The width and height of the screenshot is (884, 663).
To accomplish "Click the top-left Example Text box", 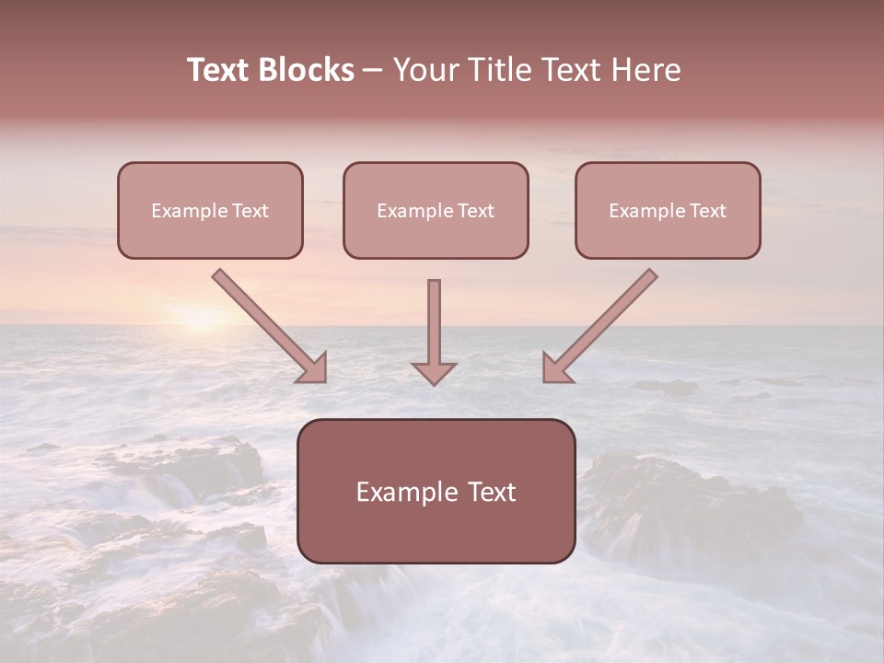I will (210, 210).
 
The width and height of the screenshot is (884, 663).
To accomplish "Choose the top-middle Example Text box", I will (436, 210).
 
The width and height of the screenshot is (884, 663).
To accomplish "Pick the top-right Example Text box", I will (668, 210).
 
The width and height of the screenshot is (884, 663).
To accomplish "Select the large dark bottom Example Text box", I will (436, 491).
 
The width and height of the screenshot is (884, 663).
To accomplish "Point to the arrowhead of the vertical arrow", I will (434, 373).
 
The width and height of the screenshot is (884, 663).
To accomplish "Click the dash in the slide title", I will (373, 71).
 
